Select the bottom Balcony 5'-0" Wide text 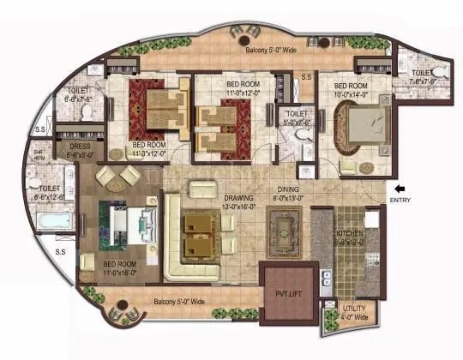[179, 302]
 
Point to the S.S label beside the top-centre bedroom [306, 79]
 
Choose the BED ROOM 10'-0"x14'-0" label [352, 90]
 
